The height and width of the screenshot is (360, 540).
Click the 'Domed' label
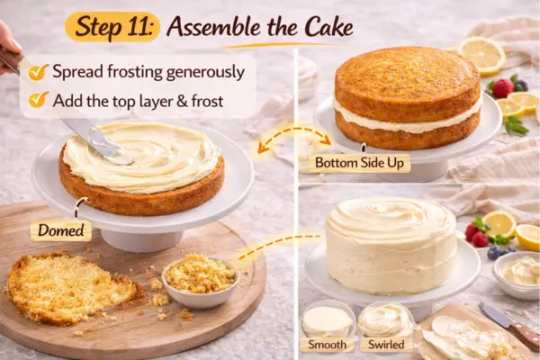pos(60,230)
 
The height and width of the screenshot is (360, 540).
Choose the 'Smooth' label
pos(327,345)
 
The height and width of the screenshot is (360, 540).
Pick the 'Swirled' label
pos(386,345)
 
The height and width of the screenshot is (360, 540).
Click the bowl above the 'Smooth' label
pos(327,319)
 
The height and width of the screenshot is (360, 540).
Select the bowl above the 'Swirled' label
pos(385,319)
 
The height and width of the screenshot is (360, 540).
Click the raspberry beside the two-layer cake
pos(502,87)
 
